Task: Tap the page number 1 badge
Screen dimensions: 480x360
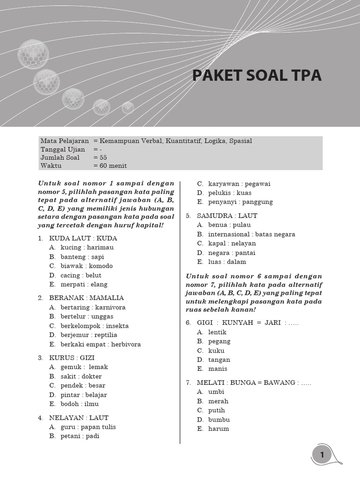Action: coord(322,455)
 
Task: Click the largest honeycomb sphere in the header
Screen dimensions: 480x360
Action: coord(33,54)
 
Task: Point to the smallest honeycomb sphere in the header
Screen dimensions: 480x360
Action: coord(128,108)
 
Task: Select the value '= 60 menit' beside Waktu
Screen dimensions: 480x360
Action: coord(110,165)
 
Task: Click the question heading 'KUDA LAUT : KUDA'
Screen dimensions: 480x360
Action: coord(83,238)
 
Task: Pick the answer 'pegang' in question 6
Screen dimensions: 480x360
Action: coord(219,341)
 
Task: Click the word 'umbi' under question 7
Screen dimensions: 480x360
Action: coord(216,392)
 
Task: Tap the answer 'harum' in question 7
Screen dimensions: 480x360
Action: coord(218,428)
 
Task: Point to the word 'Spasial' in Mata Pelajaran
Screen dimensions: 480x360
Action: coord(240,141)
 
